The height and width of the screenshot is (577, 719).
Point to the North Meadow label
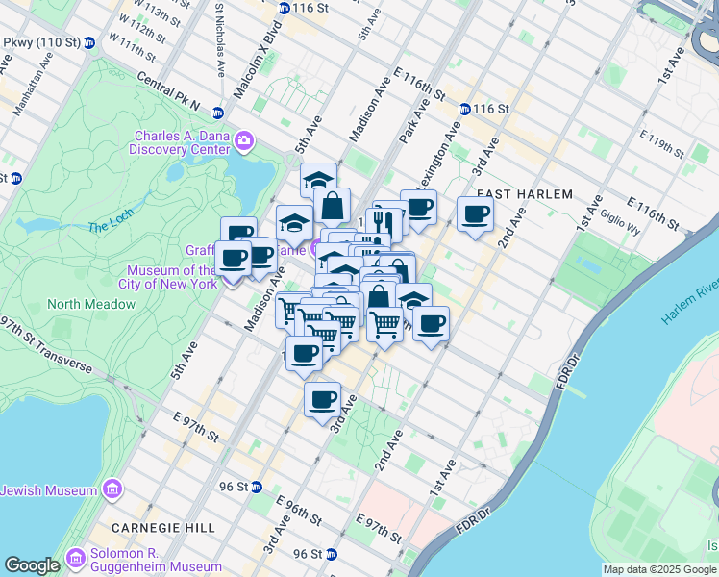[x=91, y=304]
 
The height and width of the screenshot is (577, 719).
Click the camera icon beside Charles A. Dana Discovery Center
[x=244, y=142]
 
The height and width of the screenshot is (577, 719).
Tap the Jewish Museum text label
[x=49, y=490]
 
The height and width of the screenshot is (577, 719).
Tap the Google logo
[x=32, y=565]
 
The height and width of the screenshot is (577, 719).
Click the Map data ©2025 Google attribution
[x=659, y=569]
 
